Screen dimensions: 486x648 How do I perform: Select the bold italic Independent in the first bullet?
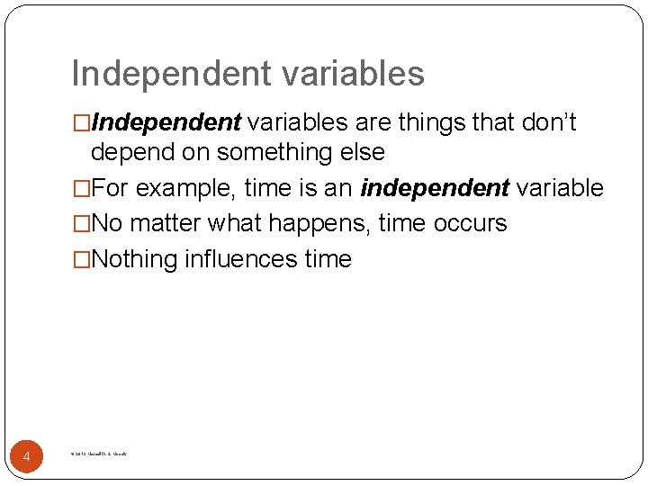[x=166, y=121]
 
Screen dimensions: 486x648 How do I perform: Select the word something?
[x=263, y=152]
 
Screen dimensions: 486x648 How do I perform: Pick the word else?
[x=361, y=152]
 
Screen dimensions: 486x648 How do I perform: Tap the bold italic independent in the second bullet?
[x=436, y=188]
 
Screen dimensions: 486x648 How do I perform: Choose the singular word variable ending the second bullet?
[x=560, y=188]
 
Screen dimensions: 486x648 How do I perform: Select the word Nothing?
[x=135, y=259]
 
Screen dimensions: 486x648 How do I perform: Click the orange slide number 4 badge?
[x=27, y=457]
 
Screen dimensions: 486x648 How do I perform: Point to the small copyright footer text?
[x=98, y=454]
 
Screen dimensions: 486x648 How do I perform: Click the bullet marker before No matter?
[x=81, y=223]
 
